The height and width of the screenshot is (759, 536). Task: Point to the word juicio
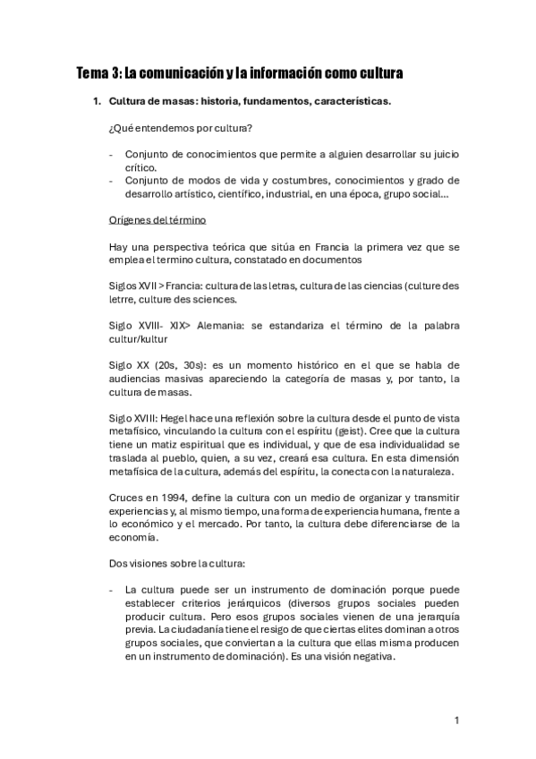click(441, 154)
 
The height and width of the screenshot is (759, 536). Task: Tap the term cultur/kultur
click(138, 338)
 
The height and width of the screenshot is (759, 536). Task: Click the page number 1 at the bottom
click(456, 721)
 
